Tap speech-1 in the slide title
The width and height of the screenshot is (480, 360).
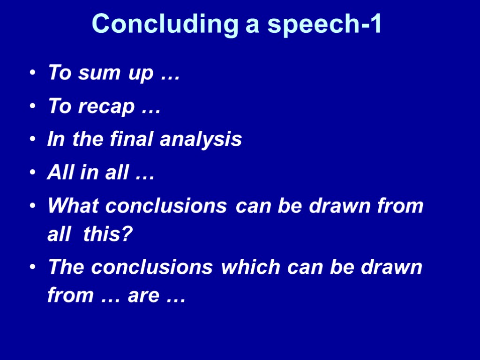pos(324,24)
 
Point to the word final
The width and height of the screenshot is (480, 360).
pos(133,139)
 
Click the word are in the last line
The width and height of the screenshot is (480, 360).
pos(143,296)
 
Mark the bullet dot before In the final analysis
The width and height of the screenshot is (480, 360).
pos(32,140)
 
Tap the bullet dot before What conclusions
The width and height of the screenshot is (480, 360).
pos(32,206)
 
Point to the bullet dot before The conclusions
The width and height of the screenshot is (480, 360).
pos(32,267)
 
